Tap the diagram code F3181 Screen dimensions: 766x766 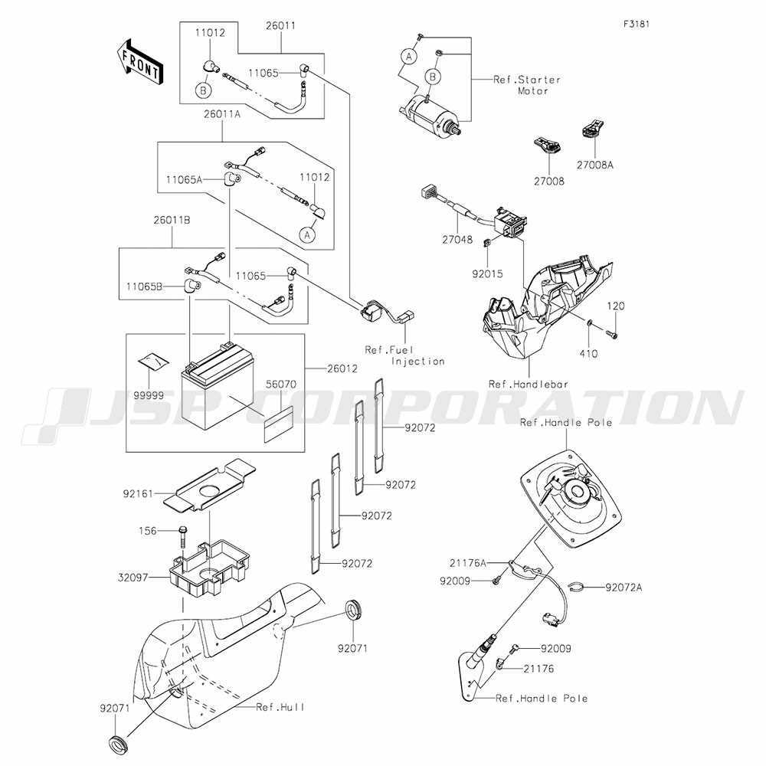(x=636, y=24)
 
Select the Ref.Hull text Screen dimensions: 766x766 (x=280, y=707)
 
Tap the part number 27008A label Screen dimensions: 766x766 (x=595, y=163)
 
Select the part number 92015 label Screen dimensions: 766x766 (x=486, y=272)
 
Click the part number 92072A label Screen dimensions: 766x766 (x=624, y=588)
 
